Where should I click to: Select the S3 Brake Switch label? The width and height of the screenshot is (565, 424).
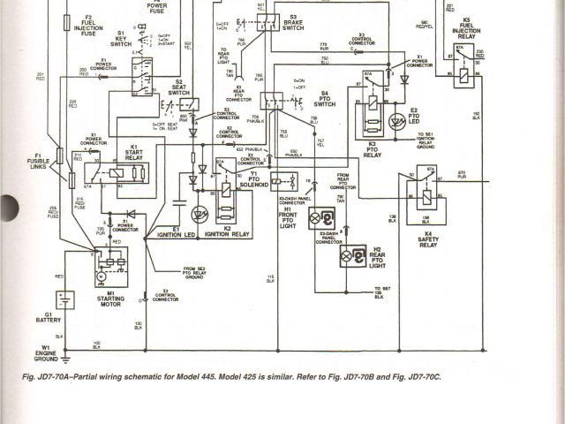292,23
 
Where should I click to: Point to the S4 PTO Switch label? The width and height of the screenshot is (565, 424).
324,99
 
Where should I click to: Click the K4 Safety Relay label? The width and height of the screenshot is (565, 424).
428,238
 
